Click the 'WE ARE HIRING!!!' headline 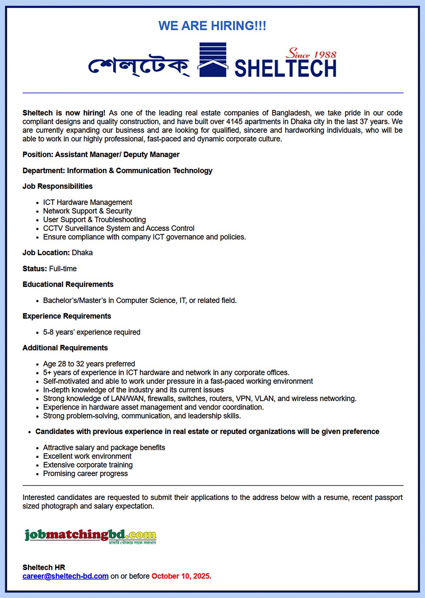pyautogui.click(x=212, y=26)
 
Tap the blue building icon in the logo pyautogui.click(x=212, y=60)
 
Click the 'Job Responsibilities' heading pyautogui.click(x=57, y=186)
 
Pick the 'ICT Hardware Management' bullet pyautogui.click(x=88, y=202)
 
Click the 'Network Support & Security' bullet pyautogui.click(x=88, y=211)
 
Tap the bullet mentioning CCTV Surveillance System pyautogui.click(x=119, y=228)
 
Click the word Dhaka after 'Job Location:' pyautogui.click(x=82, y=253)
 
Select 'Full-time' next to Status pyautogui.click(x=63, y=269)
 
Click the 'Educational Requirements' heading pyautogui.click(x=68, y=284)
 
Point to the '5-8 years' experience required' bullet pyautogui.click(x=91, y=332)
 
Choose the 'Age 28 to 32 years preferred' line pyautogui.click(x=89, y=364)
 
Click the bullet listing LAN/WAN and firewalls pyautogui.click(x=200, y=399)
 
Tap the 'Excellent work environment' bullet pyautogui.click(x=87, y=456)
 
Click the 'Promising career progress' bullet pyautogui.click(x=85, y=474)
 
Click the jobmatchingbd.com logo pyautogui.click(x=91, y=536)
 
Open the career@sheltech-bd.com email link pyautogui.click(x=65, y=576)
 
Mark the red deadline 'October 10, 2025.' pyautogui.click(x=181, y=576)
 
